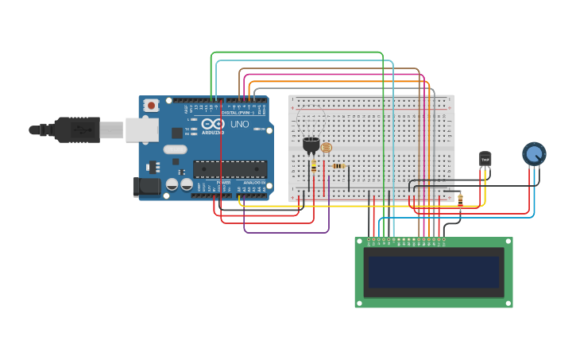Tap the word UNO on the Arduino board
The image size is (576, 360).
[239, 125]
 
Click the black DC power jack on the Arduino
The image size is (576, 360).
[148, 187]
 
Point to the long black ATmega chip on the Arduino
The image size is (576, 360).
[230, 169]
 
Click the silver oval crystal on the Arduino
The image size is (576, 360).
[174, 149]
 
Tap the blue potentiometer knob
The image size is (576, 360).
[534, 153]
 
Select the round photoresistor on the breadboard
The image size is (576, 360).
[327, 148]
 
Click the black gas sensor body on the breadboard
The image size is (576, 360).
[311, 145]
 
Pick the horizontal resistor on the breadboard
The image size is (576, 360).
[338, 166]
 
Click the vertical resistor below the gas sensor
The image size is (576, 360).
[313, 167]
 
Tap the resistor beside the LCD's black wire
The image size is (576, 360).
[460, 201]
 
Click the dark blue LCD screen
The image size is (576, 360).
[434, 272]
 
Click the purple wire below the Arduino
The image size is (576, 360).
[286, 232]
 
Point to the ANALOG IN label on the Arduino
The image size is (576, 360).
[253, 183]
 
